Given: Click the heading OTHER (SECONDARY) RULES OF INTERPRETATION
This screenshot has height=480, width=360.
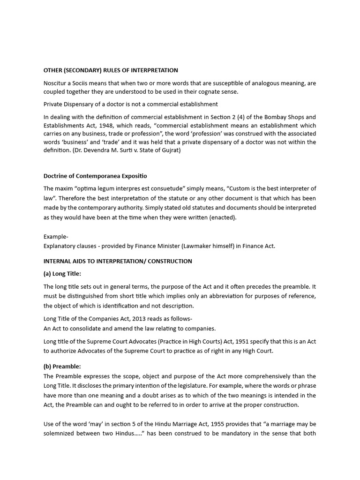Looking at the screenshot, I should pyautogui.click(x=111, y=70).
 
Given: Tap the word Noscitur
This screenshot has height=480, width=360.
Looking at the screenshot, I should pyautogui.click(x=56, y=83).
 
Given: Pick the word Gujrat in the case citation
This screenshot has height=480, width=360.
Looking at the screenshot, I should pyautogui.click(x=169, y=150).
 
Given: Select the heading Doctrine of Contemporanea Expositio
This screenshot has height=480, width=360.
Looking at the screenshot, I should pyautogui.click(x=95, y=176).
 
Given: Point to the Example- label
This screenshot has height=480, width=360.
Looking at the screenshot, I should pyautogui.click(x=56, y=237).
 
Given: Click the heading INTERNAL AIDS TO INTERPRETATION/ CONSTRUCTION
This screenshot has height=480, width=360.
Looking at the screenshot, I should pyautogui.click(x=118, y=261).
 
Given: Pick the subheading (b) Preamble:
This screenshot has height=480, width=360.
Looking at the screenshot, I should pyautogui.click(x=62, y=367).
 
